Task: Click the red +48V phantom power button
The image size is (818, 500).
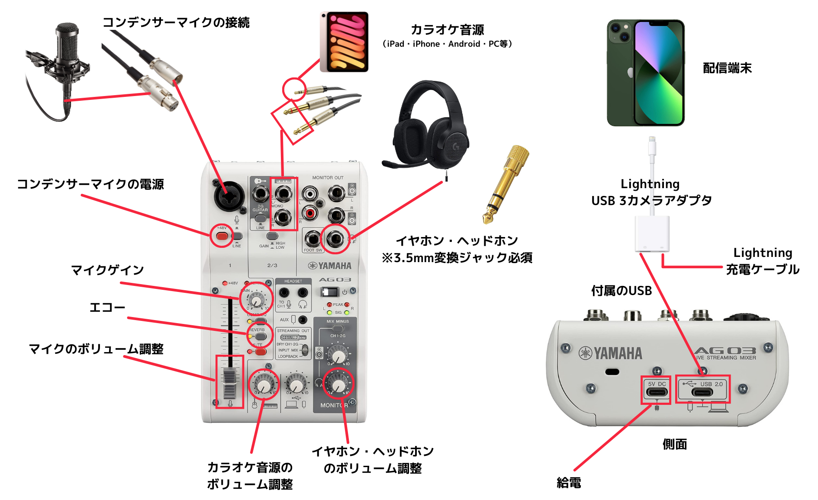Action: pos(222,236)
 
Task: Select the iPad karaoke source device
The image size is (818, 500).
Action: pos(345,42)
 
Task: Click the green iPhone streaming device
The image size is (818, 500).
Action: pos(645,73)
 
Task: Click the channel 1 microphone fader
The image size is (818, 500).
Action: pos(229,383)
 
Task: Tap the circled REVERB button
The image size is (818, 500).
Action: pos(260,336)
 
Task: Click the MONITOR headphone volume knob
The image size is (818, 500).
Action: pos(338,384)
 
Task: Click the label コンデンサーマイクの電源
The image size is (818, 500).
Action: pos(90,184)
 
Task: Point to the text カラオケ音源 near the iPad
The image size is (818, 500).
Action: pos(447,30)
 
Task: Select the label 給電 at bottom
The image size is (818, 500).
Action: pos(569,483)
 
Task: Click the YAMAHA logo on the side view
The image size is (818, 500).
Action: pos(611,353)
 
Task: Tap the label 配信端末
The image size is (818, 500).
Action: pos(727,68)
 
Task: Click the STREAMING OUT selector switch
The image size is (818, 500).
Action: pos(305,350)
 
